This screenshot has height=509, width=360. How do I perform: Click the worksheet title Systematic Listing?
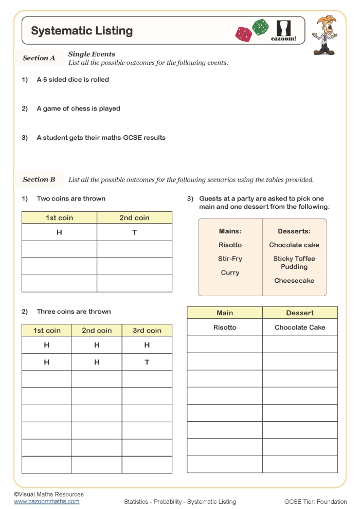coord(82,31)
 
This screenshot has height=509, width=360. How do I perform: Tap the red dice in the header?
coord(243,34)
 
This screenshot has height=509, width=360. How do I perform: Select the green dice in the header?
coord(260,27)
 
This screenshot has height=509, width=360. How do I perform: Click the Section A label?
coord(39,58)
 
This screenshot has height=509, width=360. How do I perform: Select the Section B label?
coord(39,179)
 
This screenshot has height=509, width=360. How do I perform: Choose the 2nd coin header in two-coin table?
coord(134,217)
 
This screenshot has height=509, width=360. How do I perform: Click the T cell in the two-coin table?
coord(134,232)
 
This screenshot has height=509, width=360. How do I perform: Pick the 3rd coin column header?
coord(147,331)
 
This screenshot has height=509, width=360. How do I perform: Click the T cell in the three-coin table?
coord(147,362)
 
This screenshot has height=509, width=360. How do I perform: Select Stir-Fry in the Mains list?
coord(230,259)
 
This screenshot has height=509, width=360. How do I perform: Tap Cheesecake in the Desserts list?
coord(294,281)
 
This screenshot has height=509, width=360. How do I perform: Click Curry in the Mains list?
coord(230,272)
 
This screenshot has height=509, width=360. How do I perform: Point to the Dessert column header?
coord(300,313)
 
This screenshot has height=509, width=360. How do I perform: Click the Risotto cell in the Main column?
coord(225,328)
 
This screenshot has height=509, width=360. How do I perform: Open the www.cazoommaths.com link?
coord(46,501)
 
